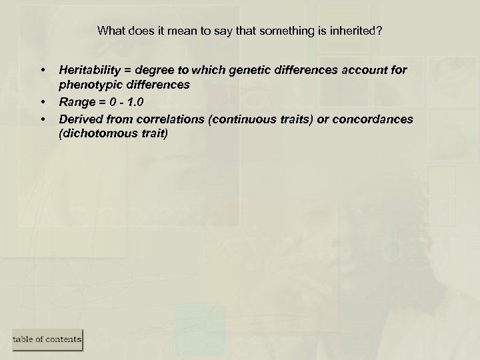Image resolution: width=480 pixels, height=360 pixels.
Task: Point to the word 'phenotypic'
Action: tap(85, 85)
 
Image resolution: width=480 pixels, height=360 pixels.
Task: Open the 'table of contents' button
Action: tap(47, 339)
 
